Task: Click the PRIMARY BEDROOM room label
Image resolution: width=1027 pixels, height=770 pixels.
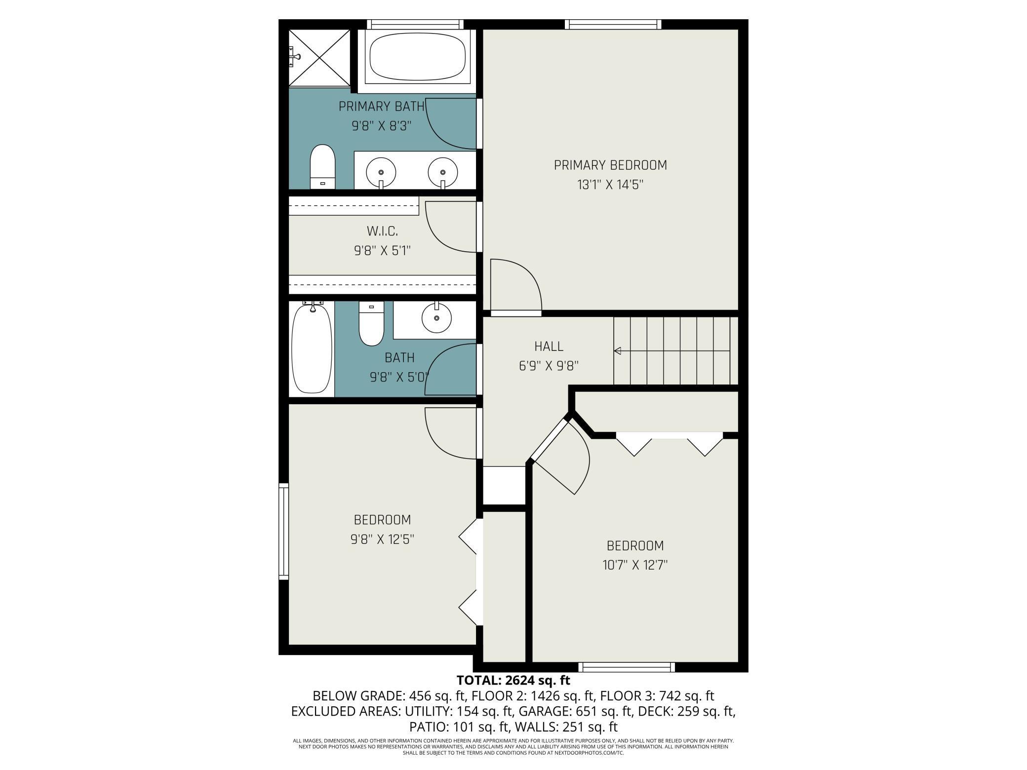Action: click(610, 165)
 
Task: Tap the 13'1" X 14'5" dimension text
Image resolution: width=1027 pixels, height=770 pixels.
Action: click(610, 185)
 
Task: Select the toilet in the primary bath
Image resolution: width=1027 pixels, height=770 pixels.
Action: click(322, 166)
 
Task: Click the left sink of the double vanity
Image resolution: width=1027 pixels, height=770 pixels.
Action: click(381, 172)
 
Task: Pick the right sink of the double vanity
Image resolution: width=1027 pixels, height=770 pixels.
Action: click(443, 172)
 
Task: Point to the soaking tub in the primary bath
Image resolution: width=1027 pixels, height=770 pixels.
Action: click(417, 57)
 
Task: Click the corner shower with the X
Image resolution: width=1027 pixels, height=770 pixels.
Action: click(319, 58)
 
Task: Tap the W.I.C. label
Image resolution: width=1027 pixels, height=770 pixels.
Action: click(382, 231)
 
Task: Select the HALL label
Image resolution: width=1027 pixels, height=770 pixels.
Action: click(549, 346)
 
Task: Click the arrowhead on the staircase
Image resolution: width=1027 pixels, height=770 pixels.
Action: click(617, 351)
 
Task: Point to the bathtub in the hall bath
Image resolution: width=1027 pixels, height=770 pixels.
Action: click(312, 348)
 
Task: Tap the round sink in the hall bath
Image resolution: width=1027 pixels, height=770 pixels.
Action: click(436, 318)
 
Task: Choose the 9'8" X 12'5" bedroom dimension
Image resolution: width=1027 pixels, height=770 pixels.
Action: click(382, 539)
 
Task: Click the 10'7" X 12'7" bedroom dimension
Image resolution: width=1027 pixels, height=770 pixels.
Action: click(635, 565)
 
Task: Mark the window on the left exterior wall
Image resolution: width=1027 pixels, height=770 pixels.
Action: click(283, 531)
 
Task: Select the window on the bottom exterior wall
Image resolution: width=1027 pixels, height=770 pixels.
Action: click(627, 667)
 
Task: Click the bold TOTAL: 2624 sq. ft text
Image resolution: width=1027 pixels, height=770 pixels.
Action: click(513, 681)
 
